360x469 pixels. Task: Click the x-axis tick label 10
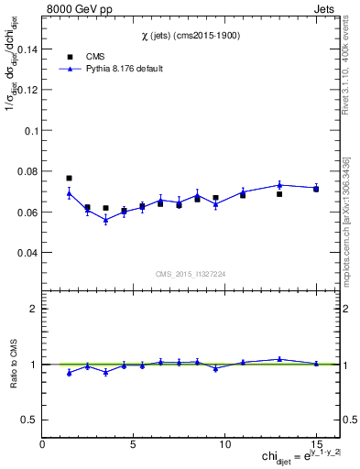224,444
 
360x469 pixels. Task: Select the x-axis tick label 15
315,444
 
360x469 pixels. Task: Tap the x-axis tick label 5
134,444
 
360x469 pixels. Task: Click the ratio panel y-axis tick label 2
33,309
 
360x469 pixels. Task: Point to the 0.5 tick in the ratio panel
29,420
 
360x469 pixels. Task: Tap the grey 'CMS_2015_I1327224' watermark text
191,274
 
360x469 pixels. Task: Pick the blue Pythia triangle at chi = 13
279,185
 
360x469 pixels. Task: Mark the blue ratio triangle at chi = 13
279,359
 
